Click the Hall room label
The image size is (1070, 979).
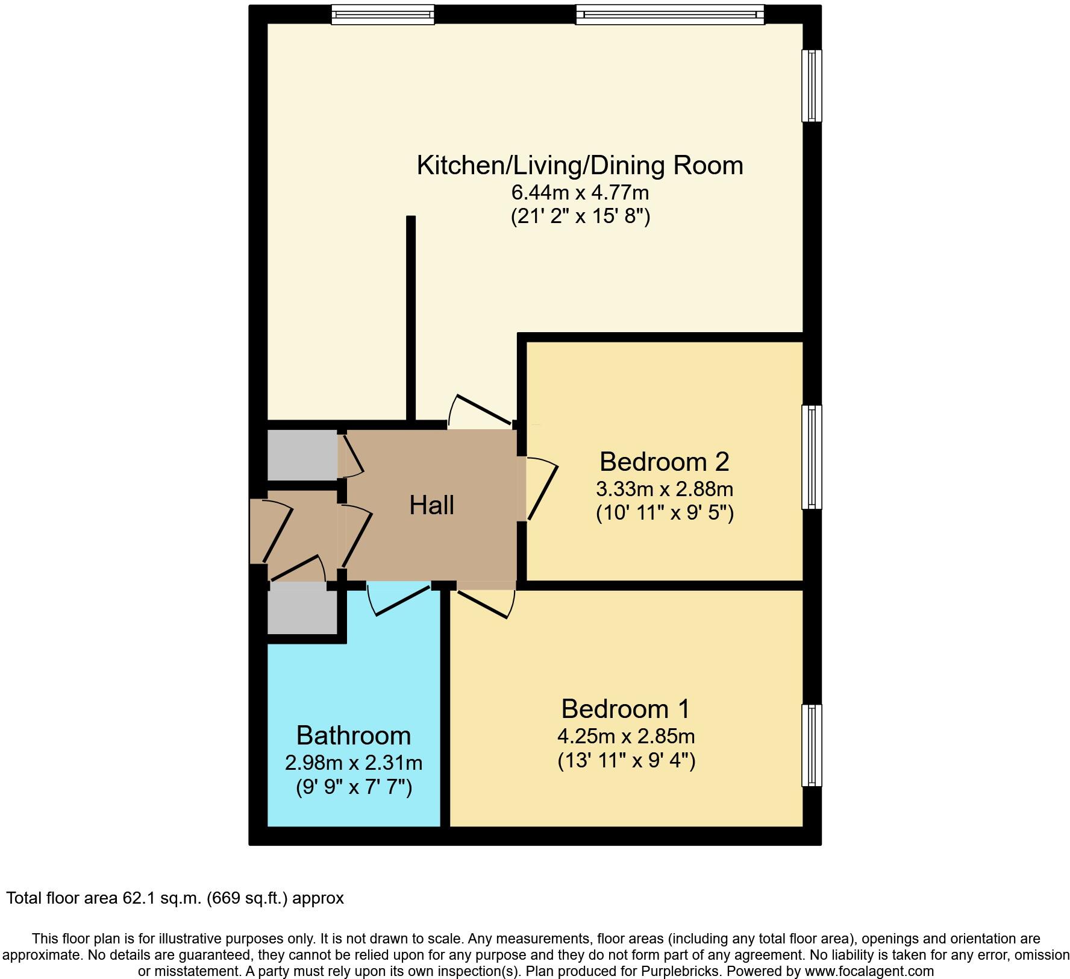point(431,505)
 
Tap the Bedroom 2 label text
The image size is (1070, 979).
point(664,462)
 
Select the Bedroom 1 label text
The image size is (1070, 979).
point(625,709)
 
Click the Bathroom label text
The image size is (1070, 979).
point(354,735)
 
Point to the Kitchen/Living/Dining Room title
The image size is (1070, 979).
point(580,165)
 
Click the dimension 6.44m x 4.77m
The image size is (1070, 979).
point(580,193)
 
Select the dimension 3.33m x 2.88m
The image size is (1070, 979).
point(664,488)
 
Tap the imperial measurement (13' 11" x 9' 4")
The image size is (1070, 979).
point(627,761)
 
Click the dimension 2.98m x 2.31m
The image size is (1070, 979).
point(354,763)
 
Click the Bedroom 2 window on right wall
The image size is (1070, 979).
point(812,457)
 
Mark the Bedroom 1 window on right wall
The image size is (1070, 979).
point(812,745)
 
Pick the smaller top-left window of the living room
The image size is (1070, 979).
point(383,14)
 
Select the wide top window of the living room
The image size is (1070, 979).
point(669,14)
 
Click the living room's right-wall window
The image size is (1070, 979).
point(812,85)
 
